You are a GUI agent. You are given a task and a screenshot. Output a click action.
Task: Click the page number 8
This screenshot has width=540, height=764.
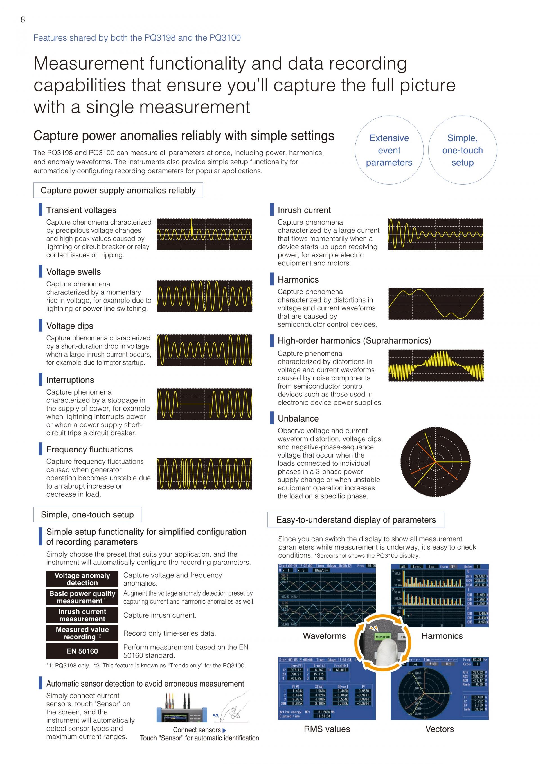(22, 20)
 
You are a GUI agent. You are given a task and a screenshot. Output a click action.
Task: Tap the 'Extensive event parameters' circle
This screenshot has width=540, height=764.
(389, 150)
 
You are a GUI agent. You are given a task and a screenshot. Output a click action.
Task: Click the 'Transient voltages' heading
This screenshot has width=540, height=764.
(81, 210)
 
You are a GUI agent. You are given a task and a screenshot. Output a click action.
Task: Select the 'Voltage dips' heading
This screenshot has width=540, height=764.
(69, 326)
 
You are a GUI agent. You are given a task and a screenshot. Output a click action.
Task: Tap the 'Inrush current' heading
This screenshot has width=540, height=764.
(304, 210)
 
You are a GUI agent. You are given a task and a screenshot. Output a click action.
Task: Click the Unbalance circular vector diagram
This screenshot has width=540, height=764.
(435, 462)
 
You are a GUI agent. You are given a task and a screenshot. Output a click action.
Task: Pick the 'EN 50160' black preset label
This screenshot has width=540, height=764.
(82, 651)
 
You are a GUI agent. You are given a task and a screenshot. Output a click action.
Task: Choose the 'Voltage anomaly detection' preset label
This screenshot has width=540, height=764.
(82, 579)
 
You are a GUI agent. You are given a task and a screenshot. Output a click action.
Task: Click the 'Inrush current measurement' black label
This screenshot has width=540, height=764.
(82, 615)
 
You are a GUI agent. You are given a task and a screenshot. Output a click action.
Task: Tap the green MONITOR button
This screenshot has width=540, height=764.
(383, 637)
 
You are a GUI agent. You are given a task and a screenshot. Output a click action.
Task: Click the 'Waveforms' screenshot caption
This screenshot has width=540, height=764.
(324, 636)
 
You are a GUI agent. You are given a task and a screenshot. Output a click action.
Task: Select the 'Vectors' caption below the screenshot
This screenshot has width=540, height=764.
(440, 729)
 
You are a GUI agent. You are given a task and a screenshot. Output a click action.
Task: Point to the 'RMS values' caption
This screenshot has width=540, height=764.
(327, 729)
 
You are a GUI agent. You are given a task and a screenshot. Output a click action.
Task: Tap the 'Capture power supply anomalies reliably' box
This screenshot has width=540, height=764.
(118, 190)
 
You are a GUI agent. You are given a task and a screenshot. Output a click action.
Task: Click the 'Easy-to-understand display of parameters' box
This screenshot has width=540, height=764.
(356, 520)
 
